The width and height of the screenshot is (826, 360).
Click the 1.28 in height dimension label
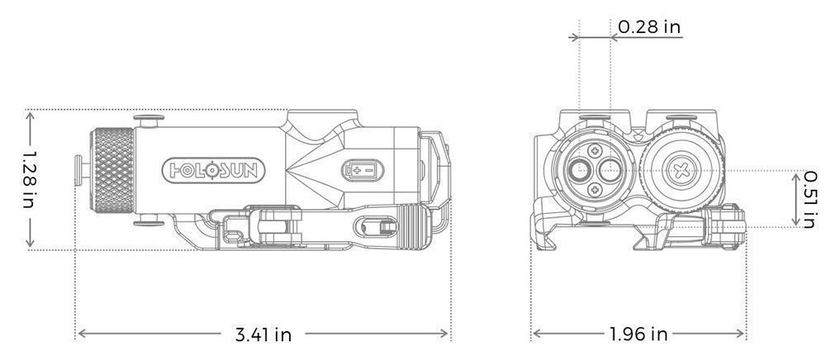coord(28,179)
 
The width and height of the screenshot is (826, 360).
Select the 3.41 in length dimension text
coord(263,334)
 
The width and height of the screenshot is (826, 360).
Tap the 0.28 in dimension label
coord(649,27)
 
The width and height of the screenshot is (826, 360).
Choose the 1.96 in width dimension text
coord(638,334)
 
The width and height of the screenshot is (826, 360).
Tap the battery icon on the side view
coord(363,170)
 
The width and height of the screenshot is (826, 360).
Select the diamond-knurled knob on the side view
coord(112,170)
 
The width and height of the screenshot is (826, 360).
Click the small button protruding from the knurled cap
coord(81,170)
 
